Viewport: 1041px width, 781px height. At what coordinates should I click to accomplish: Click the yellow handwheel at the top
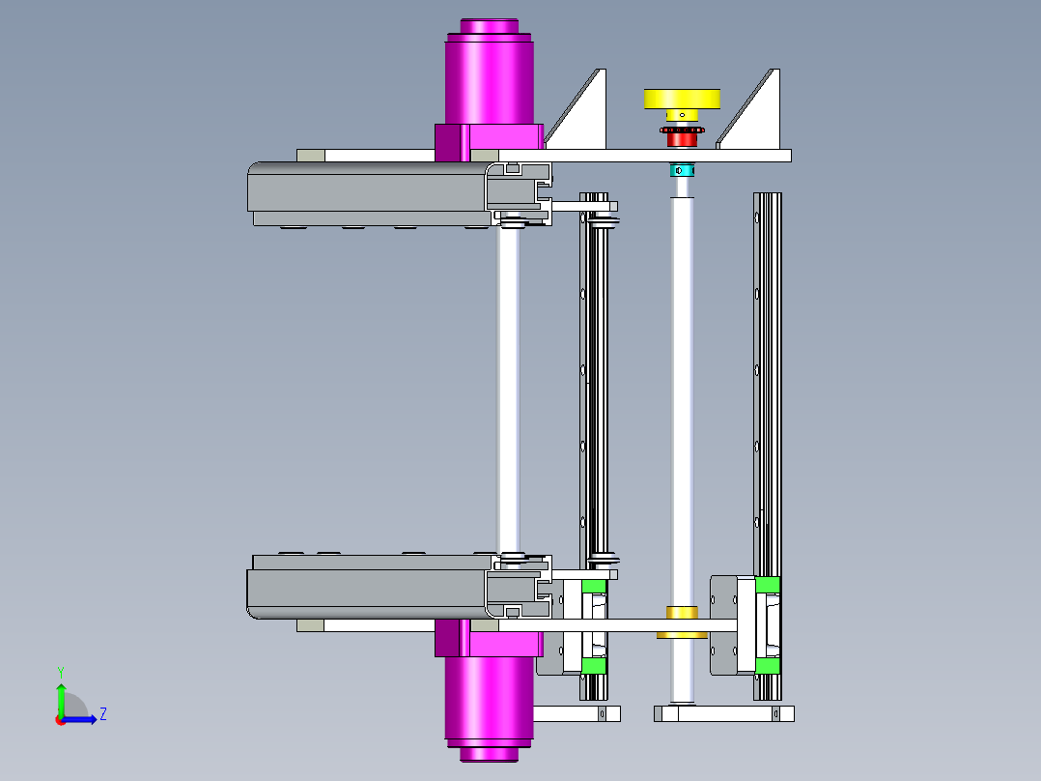tap(682, 99)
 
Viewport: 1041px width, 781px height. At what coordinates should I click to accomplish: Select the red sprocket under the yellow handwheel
tap(683, 138)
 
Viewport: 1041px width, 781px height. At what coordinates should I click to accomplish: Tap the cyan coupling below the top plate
tap(683, 171)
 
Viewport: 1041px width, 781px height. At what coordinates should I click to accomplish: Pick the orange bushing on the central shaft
tap(683, 612)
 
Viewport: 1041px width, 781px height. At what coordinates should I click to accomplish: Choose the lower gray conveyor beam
tap(367, 593)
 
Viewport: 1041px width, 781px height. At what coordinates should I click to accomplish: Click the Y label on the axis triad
tap(60, 671)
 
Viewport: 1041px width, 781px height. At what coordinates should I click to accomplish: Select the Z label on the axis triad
tap(102, 714)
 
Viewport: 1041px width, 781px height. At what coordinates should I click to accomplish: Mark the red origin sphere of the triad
tap(60, 719)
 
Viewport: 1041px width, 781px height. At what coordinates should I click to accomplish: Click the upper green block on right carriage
tap(768, 585)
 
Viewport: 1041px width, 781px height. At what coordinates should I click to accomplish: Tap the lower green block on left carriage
tap(593, 666)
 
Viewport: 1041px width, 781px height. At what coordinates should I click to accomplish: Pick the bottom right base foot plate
tap(724, 714)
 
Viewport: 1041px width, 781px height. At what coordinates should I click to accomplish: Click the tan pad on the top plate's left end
tap(311, 156)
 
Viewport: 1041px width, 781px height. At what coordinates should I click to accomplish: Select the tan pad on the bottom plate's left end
tap(311, 625)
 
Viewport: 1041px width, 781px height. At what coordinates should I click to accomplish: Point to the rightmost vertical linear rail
tap(768, 387)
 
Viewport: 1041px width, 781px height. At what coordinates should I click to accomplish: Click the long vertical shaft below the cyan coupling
tap(683, 387)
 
